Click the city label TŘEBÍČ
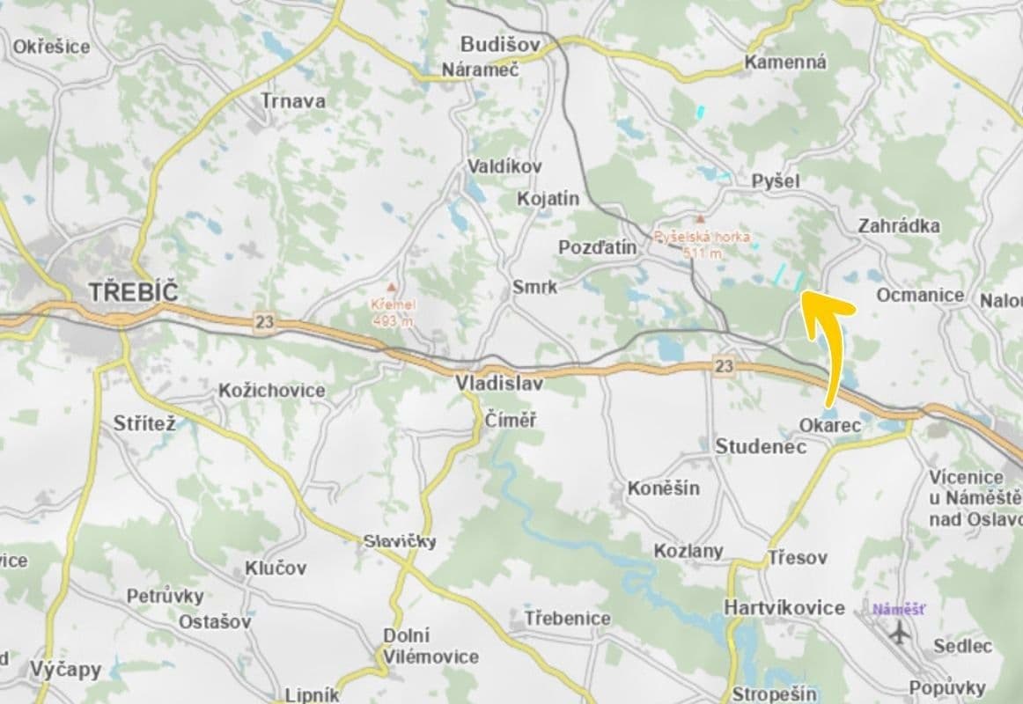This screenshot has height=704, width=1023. tap(134, 292)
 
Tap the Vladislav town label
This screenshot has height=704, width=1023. tap(498, 384)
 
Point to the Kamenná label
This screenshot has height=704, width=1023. tap(785, 62)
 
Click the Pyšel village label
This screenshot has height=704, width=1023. tap(776, 180)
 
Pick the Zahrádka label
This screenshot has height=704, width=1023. tap(899, 226)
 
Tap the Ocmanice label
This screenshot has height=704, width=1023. tap(920, 295)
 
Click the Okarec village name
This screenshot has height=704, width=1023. tap(829, 425)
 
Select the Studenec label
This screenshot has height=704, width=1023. tap(761, 447)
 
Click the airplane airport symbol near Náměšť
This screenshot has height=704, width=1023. tap(899, 632)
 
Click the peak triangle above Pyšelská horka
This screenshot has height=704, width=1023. tap(701, 217)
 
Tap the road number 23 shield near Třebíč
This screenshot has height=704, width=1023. tap(264, 322)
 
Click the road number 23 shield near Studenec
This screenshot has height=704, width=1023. tap(724, 366)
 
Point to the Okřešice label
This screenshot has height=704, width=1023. tap(51, 47)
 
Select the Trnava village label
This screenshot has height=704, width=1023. tap(293, 101)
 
